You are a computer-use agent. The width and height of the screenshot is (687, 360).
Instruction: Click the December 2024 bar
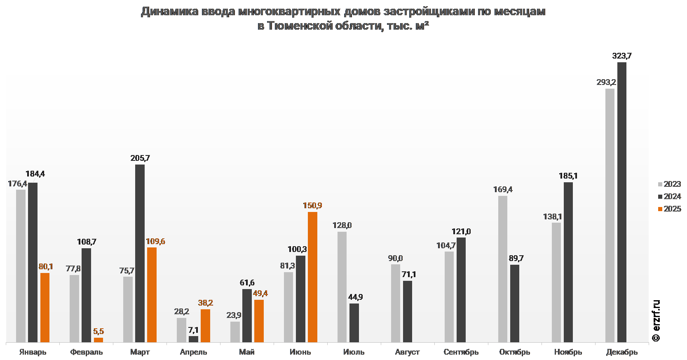[622, 202]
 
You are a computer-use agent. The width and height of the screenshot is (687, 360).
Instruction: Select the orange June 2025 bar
[312, 277]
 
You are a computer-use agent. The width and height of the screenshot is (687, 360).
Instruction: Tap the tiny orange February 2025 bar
[98, 340]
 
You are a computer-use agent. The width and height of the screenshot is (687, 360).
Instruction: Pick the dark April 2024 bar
[193, 339]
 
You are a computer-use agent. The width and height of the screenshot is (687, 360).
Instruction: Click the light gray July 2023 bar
[342, 287]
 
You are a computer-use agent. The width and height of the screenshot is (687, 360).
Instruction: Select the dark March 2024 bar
[140, 253]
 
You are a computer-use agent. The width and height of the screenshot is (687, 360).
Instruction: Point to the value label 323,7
[622, 56]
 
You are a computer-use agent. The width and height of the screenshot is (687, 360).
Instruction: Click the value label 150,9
[312, 205]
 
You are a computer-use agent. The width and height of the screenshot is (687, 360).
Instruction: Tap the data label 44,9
[355, 297]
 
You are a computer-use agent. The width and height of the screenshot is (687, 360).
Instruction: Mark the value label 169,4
[503, 189]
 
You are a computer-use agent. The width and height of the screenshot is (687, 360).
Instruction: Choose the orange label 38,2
[205, 303]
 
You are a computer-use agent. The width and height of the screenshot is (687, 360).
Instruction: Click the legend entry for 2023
[669, 184]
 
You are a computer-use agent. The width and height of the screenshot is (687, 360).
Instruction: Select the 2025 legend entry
[669, 209]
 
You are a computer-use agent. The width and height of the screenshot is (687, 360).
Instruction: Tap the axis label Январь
[33, 352]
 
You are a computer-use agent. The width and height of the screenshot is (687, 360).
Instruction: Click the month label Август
[407, 352]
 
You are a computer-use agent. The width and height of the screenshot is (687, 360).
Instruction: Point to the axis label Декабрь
[621, 352]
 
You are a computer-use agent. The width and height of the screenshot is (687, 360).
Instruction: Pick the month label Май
[247, 352]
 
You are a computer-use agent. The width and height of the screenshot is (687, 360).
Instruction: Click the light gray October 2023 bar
[503, 269]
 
